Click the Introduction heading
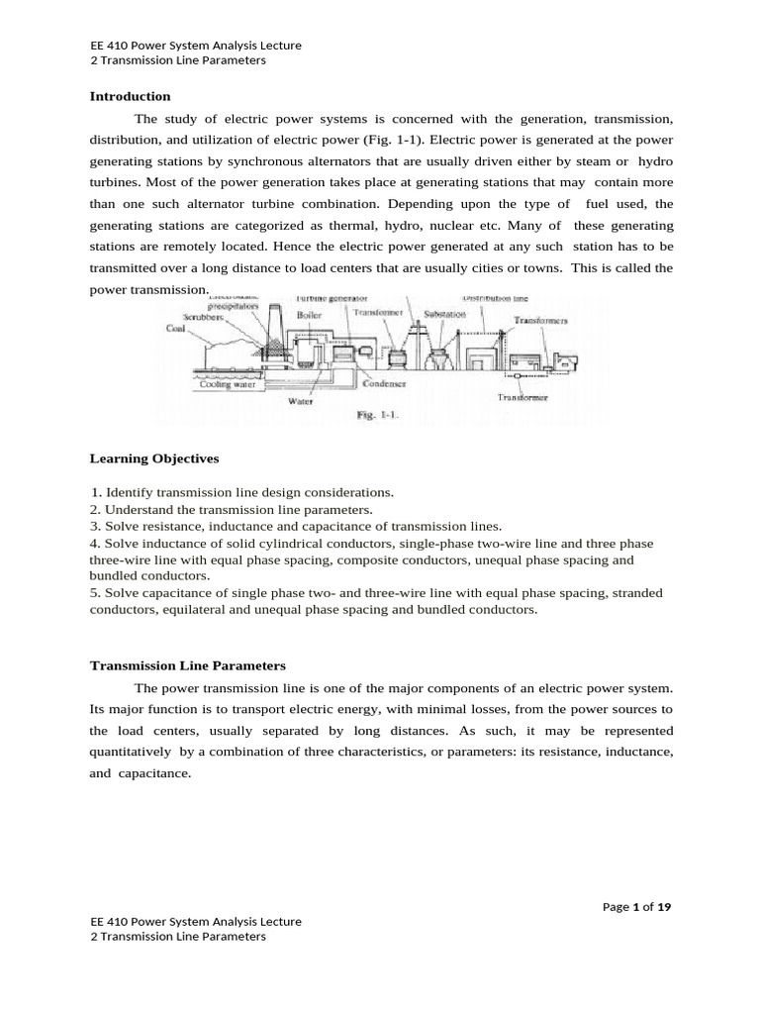tap(131, 96)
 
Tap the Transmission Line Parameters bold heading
tap(187, 665)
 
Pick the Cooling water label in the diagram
tap(228, 385)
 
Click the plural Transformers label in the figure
tap(540, 321)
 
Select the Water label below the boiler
tap(301, 402)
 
